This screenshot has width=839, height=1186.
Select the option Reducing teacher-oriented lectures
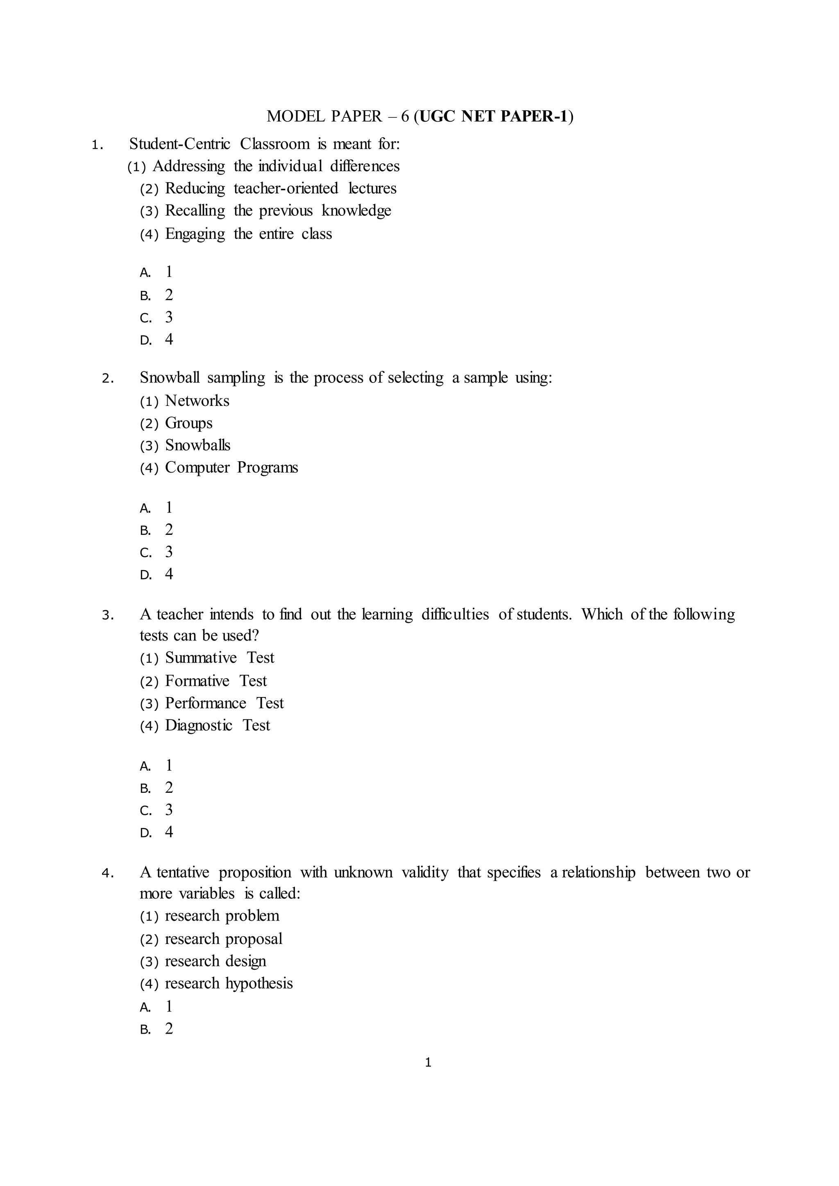(x=281, y=188)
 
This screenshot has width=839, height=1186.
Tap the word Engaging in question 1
(x=195, y=234)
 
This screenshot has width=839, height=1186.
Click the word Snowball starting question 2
(x=170, y=378)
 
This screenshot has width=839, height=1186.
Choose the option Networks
(x=197, y=401)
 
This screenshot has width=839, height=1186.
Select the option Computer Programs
(x=231, y=467)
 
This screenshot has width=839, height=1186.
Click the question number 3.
(x=107, y=615)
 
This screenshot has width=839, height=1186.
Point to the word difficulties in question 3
(x=455, y=615)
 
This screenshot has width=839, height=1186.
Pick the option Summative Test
(x=220, y=658)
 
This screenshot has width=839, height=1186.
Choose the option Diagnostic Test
(x=217, y=726)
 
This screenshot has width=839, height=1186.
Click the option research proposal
(x=223, y=939)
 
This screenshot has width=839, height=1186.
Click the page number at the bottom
(x=428, y=1063)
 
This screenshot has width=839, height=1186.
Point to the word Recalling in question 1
(x=195, y=211)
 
